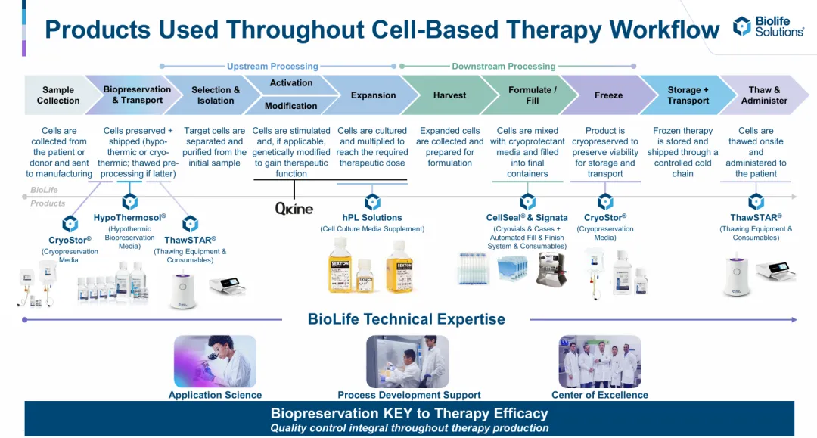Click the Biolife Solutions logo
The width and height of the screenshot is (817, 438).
tap(768, 26)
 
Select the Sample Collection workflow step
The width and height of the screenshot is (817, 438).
tap(58, 95)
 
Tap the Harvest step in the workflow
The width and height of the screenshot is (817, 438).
tap(449, 95)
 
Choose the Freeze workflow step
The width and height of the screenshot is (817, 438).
tap(608, 95)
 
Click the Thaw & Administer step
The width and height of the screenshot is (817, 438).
tap(764, 95)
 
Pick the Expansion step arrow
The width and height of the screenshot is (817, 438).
tap(373, 95)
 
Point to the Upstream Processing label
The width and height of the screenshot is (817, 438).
tap(272, 66)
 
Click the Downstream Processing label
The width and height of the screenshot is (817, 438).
tap(503, 66)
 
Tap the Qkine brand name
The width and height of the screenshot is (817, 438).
tap(294, 209)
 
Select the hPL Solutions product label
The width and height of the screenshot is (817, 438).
tap(372, 218)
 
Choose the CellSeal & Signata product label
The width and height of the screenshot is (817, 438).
tap(527, 218)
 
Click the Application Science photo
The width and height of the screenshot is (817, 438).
tap(215, 361)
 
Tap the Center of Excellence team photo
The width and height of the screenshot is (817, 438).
tap(600, 361)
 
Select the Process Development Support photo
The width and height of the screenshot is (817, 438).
tap(408, 361)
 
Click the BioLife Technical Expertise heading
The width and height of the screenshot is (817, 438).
tap(406, 319)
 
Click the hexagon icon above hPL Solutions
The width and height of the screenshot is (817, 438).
tap(372, 201)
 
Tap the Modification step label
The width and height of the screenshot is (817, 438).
tap(290, 106)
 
